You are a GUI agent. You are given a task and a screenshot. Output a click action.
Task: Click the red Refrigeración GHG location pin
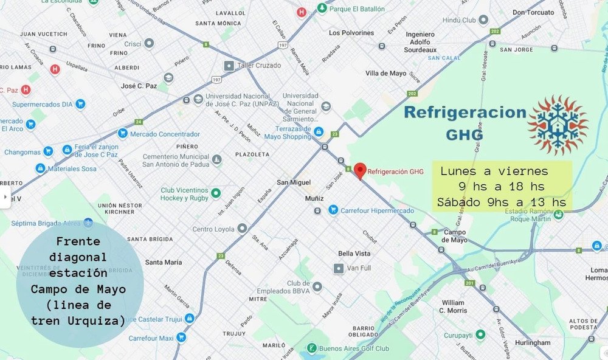click(x=360, y=171)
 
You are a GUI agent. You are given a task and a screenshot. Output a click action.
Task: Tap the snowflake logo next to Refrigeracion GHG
click(x=558, y=125)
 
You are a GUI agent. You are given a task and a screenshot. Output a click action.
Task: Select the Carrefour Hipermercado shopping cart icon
click(x=333, y=210)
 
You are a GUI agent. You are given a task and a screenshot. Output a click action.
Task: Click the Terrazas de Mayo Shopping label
click(x=288, y=133)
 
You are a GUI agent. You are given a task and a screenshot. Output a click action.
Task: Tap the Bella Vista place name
click(x=354, y=253)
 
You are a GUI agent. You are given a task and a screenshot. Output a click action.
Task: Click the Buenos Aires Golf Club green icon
click(x=311, y=348)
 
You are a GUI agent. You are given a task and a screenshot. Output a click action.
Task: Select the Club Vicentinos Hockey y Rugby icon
click(x=215, y=193)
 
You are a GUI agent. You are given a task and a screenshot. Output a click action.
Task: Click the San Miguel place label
click(x=294, y=182)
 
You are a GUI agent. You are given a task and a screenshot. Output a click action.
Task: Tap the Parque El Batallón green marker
click(x=321, y=9)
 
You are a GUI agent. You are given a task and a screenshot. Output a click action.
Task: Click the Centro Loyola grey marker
click(x=243, y=229)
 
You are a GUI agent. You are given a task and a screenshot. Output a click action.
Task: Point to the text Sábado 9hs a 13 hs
click(x=501, y=202)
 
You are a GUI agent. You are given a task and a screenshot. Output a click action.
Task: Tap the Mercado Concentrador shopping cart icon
click(x=122, y=134)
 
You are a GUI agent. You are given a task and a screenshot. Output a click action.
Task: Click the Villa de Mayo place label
click(x=385, y=73)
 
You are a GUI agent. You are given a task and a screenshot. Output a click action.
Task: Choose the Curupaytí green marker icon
click(x=480, y=334)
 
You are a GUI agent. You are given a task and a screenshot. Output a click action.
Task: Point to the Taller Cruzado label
click(x=260, y=65)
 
